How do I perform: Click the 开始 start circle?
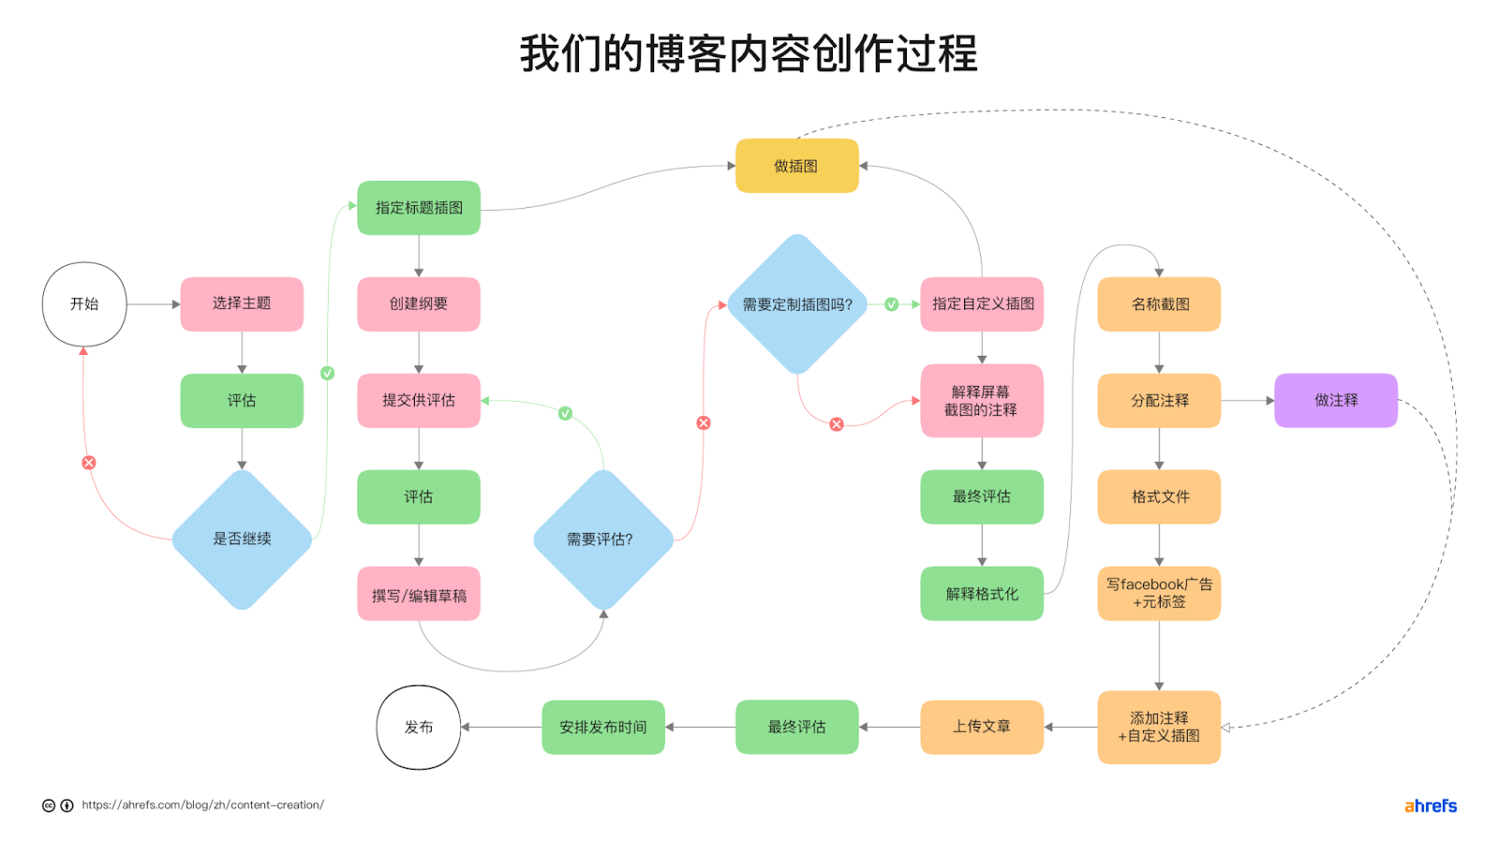point(84,304)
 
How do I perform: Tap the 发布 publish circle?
point(418,728)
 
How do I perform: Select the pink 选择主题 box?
point(242,304)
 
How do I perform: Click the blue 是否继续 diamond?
point(242,539)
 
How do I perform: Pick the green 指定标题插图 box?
point(419,208)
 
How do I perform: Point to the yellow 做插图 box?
point(796,166)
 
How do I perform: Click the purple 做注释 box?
point(1335,401)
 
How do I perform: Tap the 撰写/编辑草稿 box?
point(419,595)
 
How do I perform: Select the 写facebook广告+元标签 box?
point(1159,594)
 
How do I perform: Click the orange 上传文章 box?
point(982,727)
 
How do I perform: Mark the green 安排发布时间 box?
point(603,727)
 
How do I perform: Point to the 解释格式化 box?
point(982,594)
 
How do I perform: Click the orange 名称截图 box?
point(1159,304)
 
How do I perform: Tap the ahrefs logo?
point(1430,806)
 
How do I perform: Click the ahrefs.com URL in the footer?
point(202,805)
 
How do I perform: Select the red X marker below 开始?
point(89,463)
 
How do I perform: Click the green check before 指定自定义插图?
point(892,304)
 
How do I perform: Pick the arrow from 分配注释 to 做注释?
point(1247,401)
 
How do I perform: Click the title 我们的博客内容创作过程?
point(749,53)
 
